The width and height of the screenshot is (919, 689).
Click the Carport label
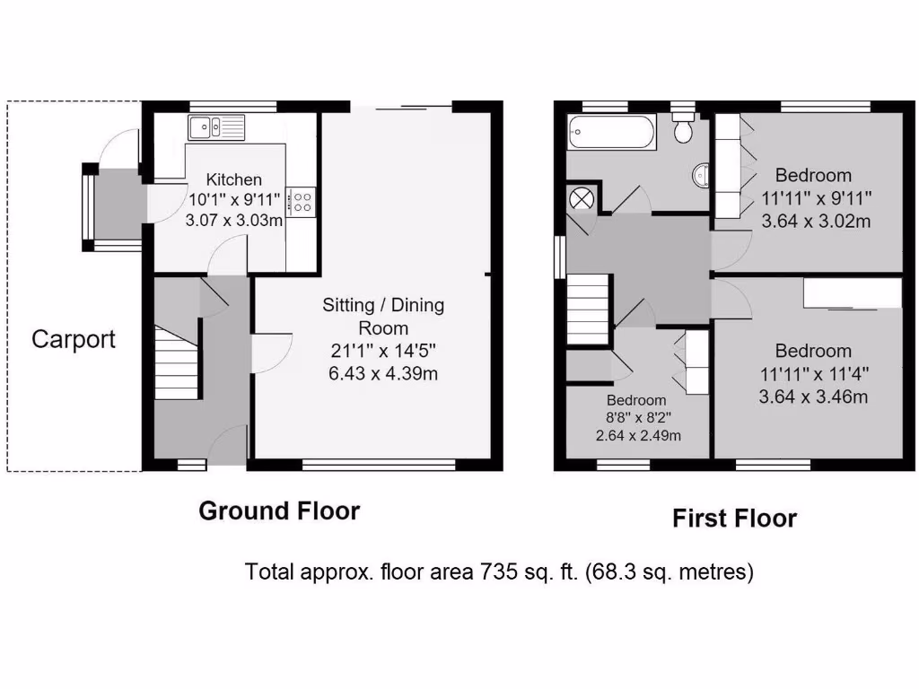click(74, 339)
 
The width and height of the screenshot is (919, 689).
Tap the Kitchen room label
click(233, 179)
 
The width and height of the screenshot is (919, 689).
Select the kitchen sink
click(216, 128)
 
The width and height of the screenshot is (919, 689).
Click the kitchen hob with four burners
click(303, 201)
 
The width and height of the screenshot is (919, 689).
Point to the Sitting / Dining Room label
click(383, 316)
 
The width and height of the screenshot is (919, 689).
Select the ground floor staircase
click(176, 362)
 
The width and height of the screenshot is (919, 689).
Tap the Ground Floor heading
click(278, 511)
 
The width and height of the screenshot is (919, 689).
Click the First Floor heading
click(734, 519)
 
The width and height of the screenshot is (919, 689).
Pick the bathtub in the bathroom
click(610, 133)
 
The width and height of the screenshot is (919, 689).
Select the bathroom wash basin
click(701, 176)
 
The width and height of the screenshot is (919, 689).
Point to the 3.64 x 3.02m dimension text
click(815, 221)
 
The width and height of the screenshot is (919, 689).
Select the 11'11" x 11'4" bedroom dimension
click(815, 373)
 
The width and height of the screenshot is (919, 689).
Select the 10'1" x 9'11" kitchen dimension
click(233, 200)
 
